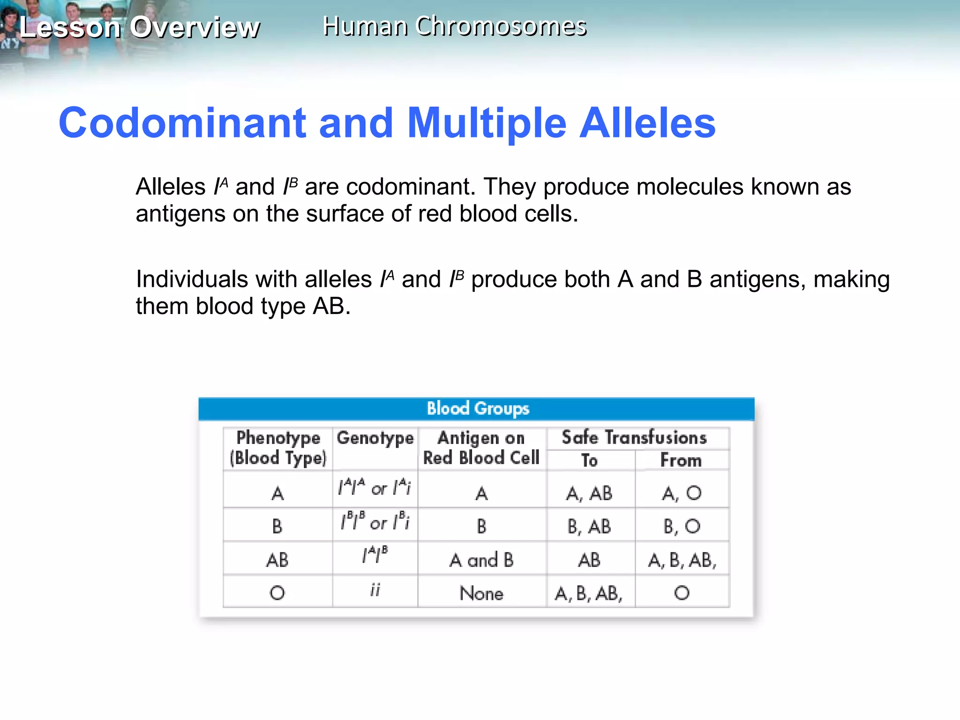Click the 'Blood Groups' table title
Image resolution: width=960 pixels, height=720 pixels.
[478, 408]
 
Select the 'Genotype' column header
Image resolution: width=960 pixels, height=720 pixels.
[375, 438]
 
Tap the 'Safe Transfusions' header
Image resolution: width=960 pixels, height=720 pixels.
[634, 438]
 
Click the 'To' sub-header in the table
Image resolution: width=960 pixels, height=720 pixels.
[589, 460]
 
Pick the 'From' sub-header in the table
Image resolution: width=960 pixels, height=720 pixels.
[681, 460]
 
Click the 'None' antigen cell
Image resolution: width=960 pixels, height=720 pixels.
[481, 593]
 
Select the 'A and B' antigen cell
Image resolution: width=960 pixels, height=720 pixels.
[481, 560]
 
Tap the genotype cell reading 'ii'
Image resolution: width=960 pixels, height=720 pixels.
[375, 590]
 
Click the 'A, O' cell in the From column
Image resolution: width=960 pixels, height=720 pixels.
[682, 493]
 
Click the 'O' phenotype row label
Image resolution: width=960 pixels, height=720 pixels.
[277, 593]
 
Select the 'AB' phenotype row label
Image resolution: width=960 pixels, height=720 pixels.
[277, 560]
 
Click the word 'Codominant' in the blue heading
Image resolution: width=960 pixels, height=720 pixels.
[182, 123]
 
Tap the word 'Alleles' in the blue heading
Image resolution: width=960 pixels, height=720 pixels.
[647, 123]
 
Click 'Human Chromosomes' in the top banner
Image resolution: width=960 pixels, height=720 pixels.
[454, 26]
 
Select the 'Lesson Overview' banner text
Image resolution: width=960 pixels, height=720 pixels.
[139, 27]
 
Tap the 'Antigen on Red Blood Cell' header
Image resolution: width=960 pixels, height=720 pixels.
[481, 448]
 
